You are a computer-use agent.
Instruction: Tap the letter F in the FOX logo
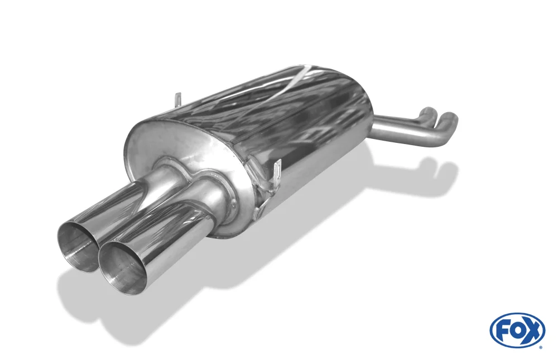point(504,332)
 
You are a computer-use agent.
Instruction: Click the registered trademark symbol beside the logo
point(541,347)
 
